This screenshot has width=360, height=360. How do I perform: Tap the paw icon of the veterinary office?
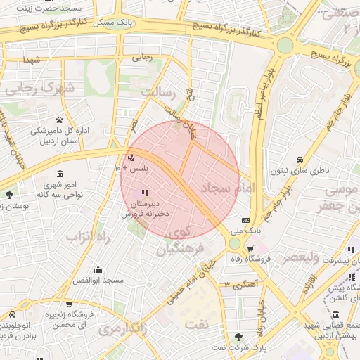coord(60,120)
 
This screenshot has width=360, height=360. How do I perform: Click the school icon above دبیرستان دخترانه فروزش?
coord(145,193)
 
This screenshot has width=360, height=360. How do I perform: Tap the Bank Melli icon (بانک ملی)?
coord(245,220)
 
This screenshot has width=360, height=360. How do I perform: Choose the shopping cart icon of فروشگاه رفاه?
coord(250,249)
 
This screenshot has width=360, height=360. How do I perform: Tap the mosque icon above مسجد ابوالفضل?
coord(97,269)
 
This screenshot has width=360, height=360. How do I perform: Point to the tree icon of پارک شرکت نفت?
coord(238,337)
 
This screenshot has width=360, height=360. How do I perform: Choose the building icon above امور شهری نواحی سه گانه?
coord(60,174)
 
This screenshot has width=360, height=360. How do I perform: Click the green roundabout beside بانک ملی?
coord(234,243)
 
